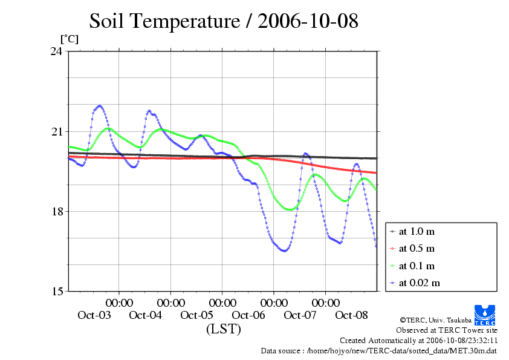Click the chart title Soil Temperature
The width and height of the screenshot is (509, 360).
click(224, 22)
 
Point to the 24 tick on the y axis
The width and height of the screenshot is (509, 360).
click(56, 51)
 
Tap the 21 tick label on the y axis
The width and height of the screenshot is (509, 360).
click(56, 131)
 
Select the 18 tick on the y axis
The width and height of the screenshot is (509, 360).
click(56, 211)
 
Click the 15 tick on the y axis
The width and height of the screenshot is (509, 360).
click(56, 291)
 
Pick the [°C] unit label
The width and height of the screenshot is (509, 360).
click(69, 39)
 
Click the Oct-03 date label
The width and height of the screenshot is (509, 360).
click(94, 315)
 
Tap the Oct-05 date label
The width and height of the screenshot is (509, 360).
click(197, 315)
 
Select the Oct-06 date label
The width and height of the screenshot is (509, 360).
click(248, 315)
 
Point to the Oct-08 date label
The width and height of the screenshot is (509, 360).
click(352, 315)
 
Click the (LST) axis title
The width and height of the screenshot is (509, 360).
click(223, 329)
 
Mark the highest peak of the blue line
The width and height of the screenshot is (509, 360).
click(100, 106)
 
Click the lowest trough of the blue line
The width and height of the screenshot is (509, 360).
click(284, 250)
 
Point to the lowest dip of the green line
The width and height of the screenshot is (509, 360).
click(291, 209)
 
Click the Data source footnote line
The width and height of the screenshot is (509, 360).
click(378, 350)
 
